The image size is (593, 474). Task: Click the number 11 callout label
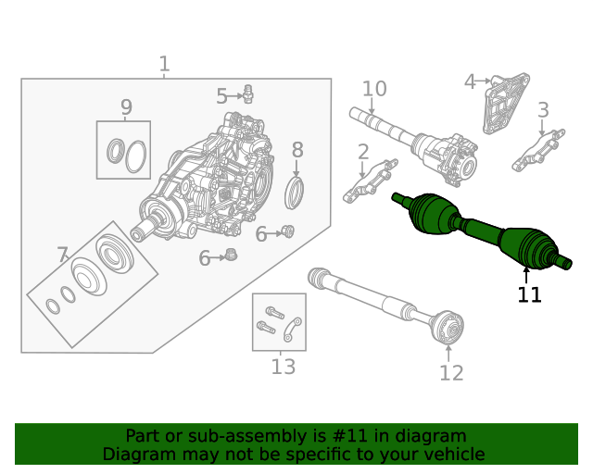click(x=529, y=294)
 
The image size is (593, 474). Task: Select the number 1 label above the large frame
click(x=164, y=64)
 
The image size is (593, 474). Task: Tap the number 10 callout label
click(x=373, y=89)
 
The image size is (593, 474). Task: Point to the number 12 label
click(x=450, y=373)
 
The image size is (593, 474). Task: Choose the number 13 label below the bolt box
click(x=284, y=367)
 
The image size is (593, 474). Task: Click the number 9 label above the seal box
click(x=126, y=107)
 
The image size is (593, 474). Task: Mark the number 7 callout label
click(x=62, y=255)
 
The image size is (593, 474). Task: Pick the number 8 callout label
click(x=296, y=150)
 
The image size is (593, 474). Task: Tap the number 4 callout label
click(x=470, y=82)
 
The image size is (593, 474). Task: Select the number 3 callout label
click(x=543, y=109)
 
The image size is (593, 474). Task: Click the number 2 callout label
click(x=362, y=151)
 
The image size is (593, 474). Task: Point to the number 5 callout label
click(x=222, y=95)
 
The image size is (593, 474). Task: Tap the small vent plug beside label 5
click(x=247, y=93)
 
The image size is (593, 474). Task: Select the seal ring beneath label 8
click(x=296, y=193)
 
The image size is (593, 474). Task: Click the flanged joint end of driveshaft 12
click(x=449, y=327)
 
